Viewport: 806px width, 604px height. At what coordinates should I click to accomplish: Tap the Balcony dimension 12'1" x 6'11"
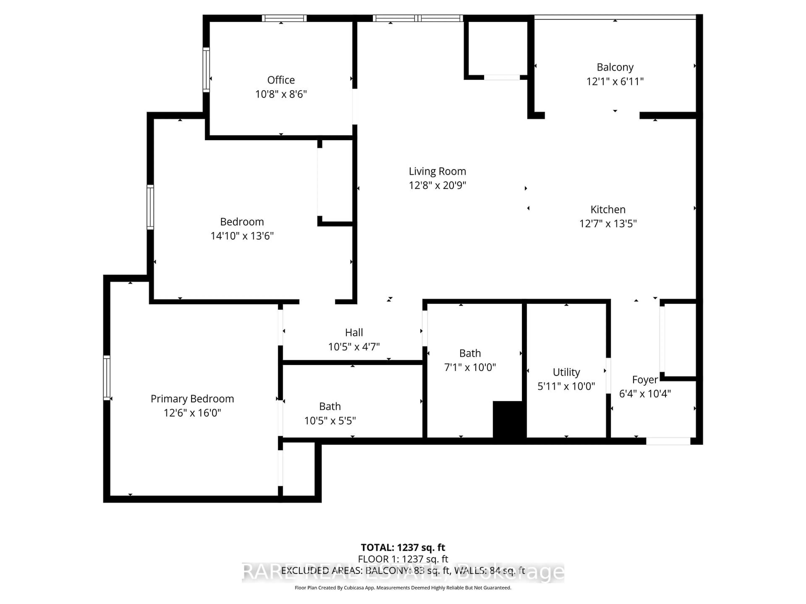coord(615,82)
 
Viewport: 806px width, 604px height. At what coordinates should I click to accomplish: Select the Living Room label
coord(437,171)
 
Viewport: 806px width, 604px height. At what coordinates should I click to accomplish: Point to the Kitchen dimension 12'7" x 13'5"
coord(608,224)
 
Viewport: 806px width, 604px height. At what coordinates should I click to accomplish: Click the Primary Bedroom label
coord(192,399)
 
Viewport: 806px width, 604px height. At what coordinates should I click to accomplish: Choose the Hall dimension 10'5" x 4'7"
coord(354,347)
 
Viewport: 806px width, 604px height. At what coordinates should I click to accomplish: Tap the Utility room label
coord(566,372)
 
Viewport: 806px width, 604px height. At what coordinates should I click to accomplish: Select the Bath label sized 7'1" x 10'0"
coord(470,353)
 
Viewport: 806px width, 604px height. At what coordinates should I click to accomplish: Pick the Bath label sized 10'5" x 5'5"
coord(330,406)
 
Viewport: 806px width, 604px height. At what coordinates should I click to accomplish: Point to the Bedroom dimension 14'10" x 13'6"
coord(242,236)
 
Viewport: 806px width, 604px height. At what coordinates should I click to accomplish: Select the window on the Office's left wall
coord(206,70)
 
